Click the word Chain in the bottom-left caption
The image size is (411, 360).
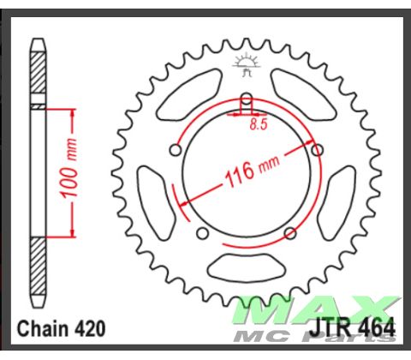44,327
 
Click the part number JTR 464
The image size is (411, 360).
361,327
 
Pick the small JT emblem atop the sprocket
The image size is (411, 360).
246,63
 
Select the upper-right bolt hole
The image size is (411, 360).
318,150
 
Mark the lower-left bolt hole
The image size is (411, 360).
202,233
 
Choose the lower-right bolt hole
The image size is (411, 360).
290,233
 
